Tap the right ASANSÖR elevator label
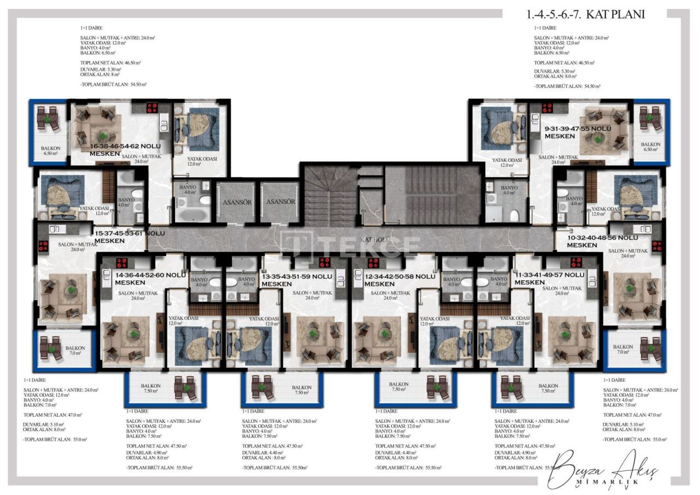click(279, 202)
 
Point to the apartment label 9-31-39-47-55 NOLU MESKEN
click(577, 132)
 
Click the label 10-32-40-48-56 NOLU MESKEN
click(602, 241)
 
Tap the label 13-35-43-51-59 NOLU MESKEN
click(297, 280)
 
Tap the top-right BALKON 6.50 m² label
click(651, 147)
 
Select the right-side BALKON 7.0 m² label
click(623, 350)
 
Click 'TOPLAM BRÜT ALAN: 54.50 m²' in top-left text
click(113, 84)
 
